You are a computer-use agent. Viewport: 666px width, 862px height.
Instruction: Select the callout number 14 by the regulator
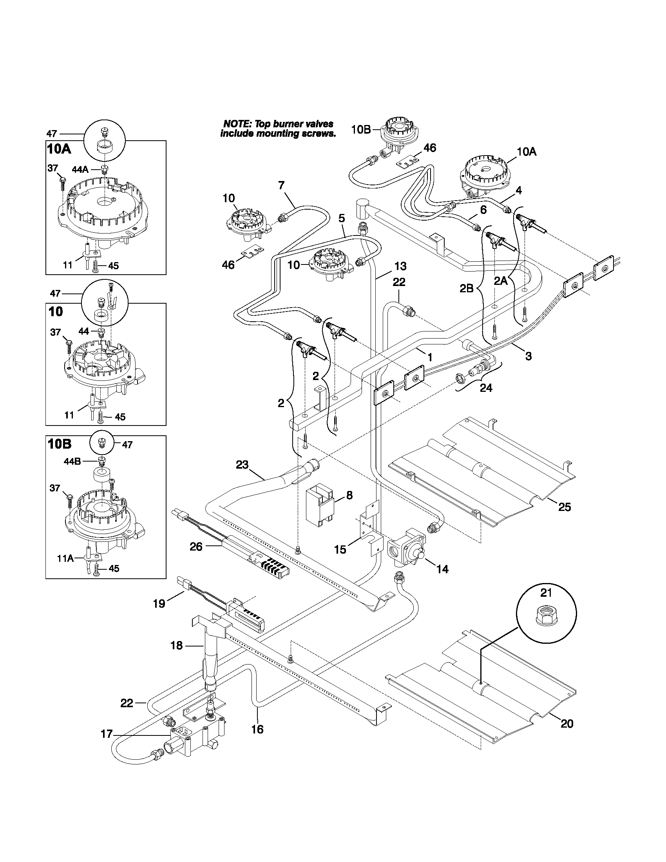point(443,569)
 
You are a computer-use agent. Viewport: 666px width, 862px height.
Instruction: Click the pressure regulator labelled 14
point(406,548)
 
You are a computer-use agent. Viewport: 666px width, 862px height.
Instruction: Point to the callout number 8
point(349,495)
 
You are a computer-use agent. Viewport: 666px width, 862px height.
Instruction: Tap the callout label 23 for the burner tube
point(242,465)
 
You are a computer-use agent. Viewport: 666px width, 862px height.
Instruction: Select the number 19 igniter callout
point(159,604)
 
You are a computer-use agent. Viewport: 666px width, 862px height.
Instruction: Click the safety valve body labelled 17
point(193,744)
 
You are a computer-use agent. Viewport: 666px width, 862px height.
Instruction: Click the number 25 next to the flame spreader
point(565,506)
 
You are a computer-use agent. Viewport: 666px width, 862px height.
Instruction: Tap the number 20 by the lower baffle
point(566,723)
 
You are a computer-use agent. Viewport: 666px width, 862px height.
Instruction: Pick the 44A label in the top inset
point(80,169)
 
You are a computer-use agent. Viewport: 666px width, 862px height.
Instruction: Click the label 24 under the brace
point(486,388)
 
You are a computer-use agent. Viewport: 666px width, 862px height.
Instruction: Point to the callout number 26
point(196,546)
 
